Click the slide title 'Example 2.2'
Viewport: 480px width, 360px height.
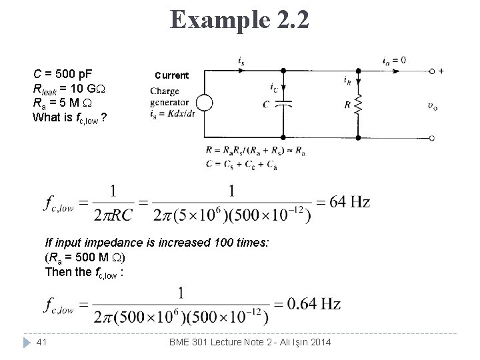(x=239, y=19)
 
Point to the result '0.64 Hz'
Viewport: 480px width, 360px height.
(x=313, y=305)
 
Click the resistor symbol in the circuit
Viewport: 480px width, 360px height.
(x=359, y=104)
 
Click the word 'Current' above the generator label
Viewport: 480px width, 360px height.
(x=172, y=75)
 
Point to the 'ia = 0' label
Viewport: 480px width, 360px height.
(x=394, y=61)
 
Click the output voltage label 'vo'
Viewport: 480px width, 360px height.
(x=434, y=105)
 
